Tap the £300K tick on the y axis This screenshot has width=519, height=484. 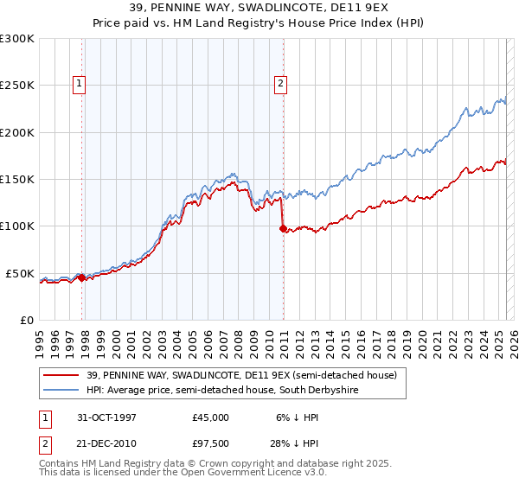[17, 39]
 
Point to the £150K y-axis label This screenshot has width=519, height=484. [17, 180]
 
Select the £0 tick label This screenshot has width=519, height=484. [26, 321]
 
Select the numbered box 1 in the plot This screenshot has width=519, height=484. [79, 84]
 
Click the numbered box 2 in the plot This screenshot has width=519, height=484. [281, 84]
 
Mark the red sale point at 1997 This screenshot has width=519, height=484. [82, 278]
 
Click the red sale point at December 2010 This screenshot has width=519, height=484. [283, 229]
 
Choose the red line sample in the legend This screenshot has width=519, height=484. [61, 375]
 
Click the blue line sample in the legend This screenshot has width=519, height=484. [61, 391]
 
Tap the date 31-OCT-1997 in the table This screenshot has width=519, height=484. [108, 417]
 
